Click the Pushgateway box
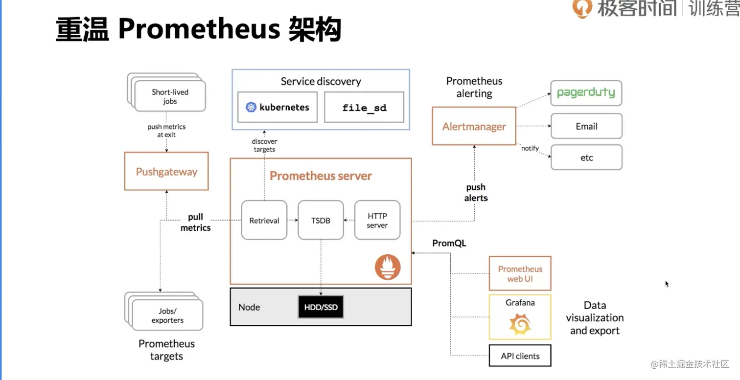click(166, 171)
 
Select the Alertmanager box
click(474, 126)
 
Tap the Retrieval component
click(264, 220)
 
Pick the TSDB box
click(321, 220)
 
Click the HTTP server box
click(377, 220)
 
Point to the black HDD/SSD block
click(321, 307)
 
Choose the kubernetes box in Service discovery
click(277, 107)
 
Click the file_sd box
click(364, 107)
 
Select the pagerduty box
click(586, 93)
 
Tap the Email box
click(586, 126)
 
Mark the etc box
click(586, 157)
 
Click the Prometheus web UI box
click(520, 273)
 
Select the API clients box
click(520, 356)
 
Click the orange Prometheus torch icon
click(388, 268)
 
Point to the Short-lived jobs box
click(170, 96)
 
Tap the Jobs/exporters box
click(167, 315)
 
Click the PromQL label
click(449, 243)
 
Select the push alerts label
click(476, 192)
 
